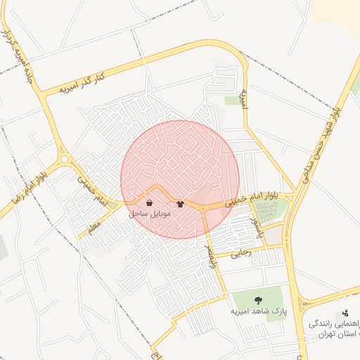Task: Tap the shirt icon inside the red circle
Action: [181, 204]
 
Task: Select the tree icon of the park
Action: [259, 300]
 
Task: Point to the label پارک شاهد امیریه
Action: [259, 310]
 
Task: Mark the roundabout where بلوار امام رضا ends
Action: [65, 160]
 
